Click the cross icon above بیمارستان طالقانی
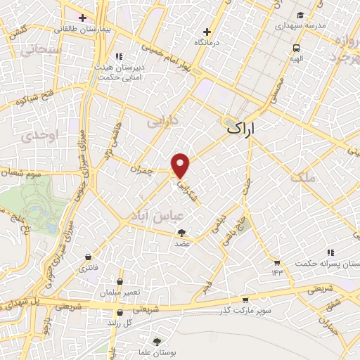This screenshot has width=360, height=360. [x=82, y=17]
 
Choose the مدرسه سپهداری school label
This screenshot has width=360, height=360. [x=301, y=25]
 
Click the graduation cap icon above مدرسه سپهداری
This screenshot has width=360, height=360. [x=300, y=15]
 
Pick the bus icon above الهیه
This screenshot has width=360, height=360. [x=297, y=49]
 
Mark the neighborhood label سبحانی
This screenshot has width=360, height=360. [x=27, y=51]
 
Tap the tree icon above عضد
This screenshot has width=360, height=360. [x=182, y=233]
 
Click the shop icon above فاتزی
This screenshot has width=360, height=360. [x=87, y=257]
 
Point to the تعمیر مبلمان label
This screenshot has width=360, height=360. [x=120, y=292]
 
